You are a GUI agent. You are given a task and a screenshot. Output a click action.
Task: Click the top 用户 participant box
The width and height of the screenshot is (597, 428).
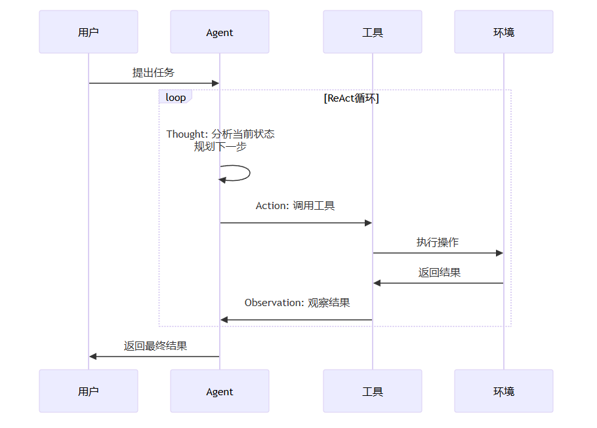point(89,32)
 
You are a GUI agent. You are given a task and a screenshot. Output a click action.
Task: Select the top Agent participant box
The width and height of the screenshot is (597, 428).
point(220,32)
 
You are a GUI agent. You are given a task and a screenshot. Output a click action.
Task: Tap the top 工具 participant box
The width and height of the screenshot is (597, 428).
point(373,32)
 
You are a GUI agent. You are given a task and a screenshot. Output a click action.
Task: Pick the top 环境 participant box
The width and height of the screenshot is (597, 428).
point(504,32)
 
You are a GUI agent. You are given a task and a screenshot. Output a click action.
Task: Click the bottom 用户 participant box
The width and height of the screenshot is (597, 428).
point(89,391)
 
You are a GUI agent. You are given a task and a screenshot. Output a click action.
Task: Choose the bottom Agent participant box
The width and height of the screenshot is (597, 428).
point(220,391)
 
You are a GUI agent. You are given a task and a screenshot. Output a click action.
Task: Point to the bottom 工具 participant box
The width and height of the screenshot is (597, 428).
point(373,391)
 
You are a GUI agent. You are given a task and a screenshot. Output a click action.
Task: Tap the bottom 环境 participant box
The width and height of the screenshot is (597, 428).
point(504,391)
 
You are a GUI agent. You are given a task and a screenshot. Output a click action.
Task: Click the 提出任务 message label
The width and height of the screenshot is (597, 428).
point(154,72)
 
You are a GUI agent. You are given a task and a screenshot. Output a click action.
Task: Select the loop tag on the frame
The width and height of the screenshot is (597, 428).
point(176,97)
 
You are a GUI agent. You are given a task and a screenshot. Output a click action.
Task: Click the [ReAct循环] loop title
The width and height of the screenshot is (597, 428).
point(352,98)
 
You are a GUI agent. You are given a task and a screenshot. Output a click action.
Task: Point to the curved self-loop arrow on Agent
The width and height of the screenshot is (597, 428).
point(249,173)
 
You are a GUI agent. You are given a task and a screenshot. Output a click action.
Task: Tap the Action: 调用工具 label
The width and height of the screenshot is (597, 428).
point(295,205)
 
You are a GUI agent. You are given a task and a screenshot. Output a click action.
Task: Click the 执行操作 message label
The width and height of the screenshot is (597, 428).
point(438,243)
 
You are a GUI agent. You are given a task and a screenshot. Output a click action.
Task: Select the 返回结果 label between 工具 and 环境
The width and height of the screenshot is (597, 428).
point(440,273)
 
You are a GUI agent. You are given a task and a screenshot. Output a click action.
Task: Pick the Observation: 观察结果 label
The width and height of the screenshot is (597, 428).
point(297,302)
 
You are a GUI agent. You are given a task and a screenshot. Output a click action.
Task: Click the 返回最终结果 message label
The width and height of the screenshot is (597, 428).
point(155,346)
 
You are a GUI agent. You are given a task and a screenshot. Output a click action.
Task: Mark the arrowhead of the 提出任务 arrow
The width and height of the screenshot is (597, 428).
point(215,83)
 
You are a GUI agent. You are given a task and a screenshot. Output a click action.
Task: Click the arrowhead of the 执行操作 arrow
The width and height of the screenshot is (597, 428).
point(499,253)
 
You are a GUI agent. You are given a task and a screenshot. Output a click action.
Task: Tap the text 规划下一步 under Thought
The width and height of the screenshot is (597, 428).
point(220,146)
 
